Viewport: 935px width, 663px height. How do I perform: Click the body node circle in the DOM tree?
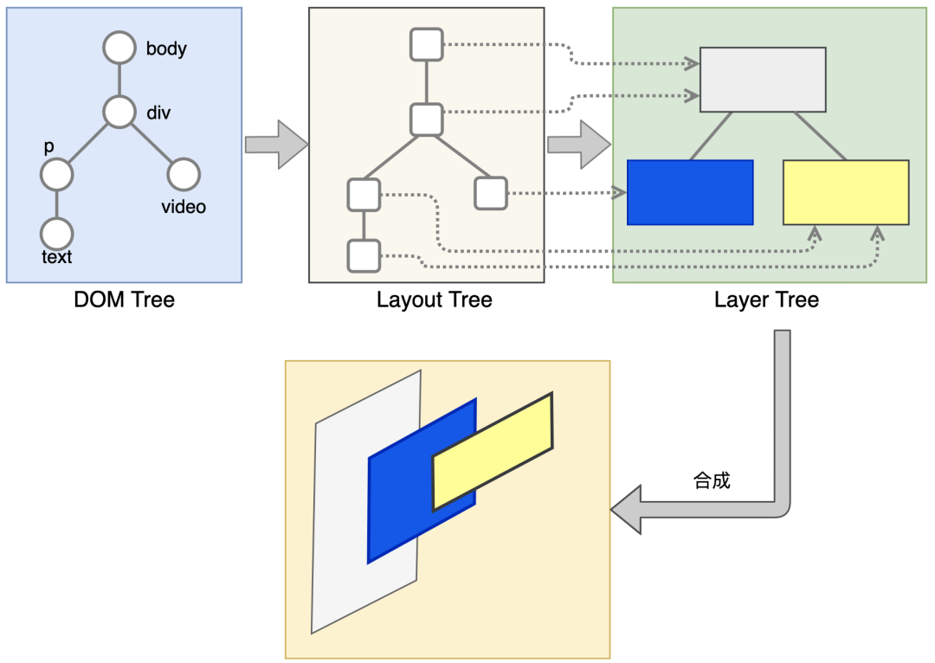point(119,48)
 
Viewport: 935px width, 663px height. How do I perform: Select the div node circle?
point(119,112)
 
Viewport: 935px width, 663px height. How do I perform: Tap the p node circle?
point(56,175)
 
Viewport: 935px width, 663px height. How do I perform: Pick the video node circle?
point(184,175)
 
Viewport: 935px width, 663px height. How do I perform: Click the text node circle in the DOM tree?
point(56,234)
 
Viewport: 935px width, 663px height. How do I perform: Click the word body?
point(166,48)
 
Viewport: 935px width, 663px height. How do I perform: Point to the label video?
point(184,207)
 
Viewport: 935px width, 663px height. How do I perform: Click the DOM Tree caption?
point(124,299)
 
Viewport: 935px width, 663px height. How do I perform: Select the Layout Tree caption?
point(434,299)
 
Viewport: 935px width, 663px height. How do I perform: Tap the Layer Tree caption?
point(766,299)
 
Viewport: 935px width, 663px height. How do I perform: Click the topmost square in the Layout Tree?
point(426,45)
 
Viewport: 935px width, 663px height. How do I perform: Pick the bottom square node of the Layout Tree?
point(364,256)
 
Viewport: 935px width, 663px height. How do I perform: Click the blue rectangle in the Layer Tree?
point(690,192)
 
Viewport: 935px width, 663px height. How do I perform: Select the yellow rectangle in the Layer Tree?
point(846,192)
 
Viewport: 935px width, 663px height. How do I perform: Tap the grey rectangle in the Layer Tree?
point(763,80)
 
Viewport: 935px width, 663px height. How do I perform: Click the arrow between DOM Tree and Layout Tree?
point(277,145)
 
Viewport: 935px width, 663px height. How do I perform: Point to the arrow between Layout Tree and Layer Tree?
point(579,145)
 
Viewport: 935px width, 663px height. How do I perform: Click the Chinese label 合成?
point(712,480)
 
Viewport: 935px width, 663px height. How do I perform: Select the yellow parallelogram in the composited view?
point(493,451)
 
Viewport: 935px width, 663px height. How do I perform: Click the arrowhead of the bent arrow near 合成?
point(626,510)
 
